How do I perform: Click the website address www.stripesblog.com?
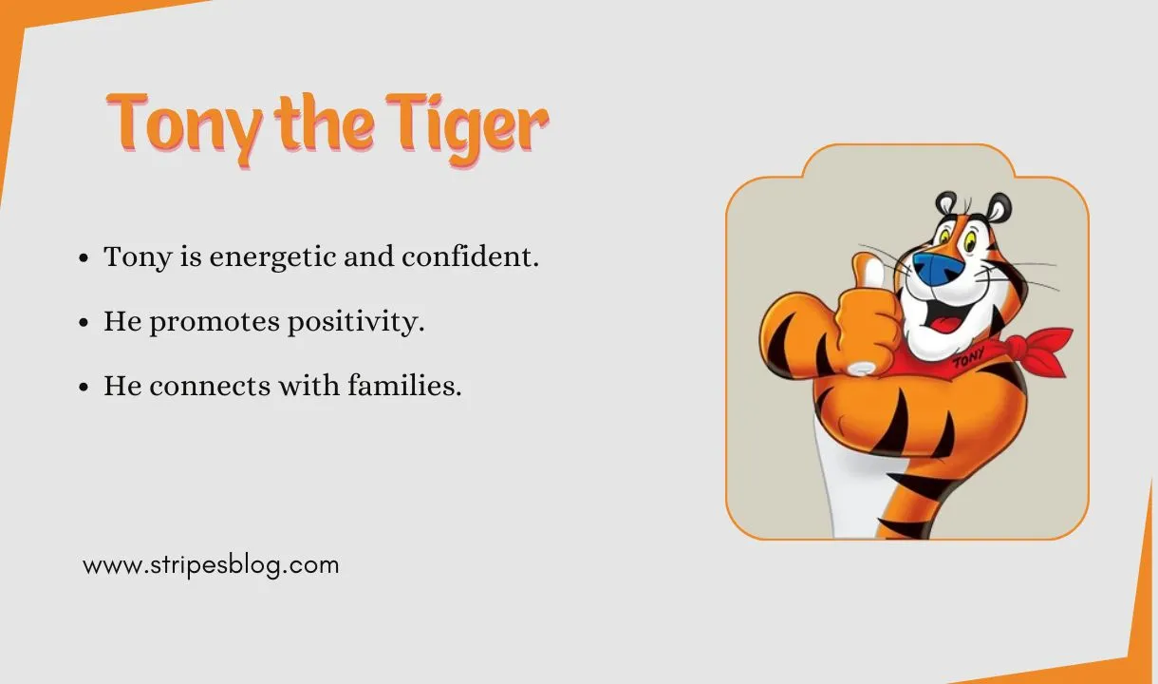[211, 565]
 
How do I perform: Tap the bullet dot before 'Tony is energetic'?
[84, 258]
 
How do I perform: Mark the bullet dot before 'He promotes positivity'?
[84, 323]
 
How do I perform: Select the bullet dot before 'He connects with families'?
[84, 388]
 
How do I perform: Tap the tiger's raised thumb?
[865, 274]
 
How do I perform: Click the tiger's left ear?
[946, 203]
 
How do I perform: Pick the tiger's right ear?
[999, 205]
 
